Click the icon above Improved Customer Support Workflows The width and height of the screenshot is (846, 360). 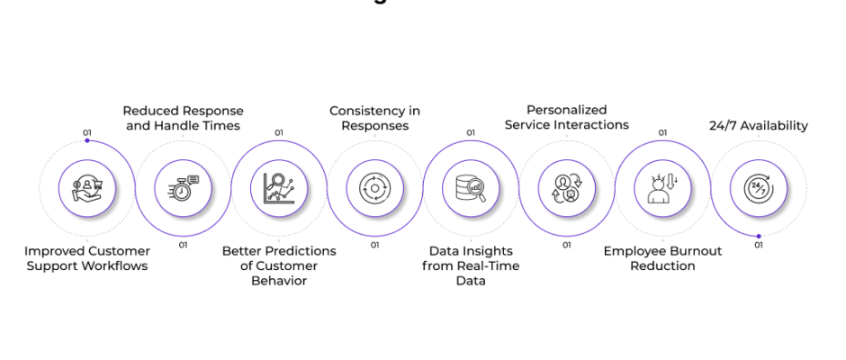[87, 188]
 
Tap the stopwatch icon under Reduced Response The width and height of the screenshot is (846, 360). [184, 188]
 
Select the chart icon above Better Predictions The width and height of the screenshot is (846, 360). [279, 188]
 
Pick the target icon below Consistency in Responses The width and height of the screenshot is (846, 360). [374, 188]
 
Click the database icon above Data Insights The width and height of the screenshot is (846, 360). [471, 188]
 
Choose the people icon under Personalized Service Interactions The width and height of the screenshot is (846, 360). [567, 188]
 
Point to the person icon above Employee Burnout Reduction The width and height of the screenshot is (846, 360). [662, 188]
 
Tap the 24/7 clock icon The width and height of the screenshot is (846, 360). [759, 188]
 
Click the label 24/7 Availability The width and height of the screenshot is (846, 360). [759, 126]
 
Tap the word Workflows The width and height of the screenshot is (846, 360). [114, 265]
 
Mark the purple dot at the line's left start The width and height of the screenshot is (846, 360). [87, 140]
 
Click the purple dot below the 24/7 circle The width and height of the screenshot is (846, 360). [759, 236]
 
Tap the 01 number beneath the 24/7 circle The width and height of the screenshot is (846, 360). [759, 245]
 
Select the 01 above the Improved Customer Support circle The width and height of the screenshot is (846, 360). [87, 132]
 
